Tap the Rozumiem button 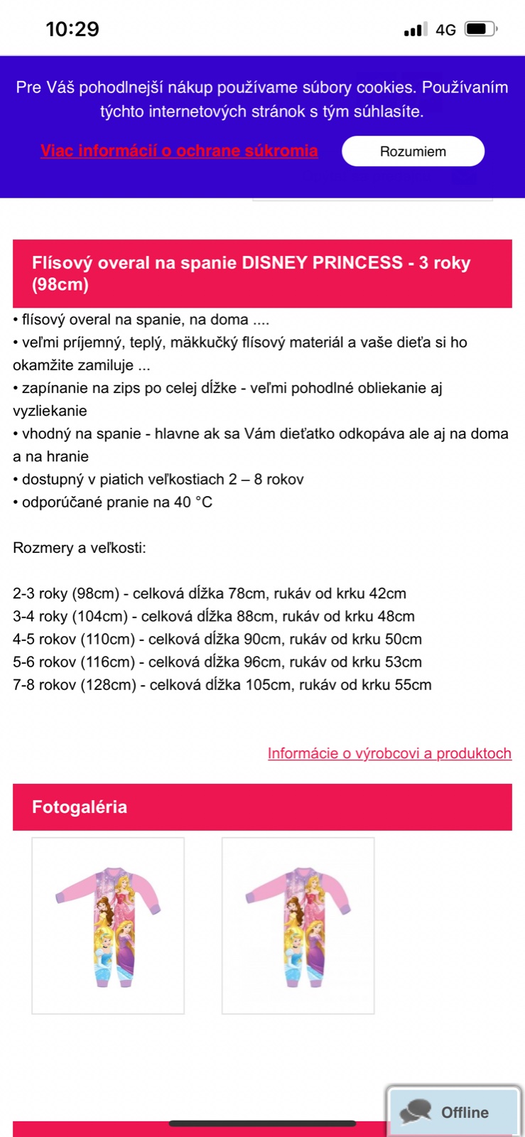413,151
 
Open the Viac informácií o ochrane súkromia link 179,151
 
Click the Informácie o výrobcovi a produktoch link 389,753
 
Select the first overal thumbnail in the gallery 108,925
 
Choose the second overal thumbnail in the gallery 298,925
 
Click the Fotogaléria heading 80,807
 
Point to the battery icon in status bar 480,29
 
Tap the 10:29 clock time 72,29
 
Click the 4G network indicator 445,30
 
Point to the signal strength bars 416,30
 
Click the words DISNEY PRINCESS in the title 323,263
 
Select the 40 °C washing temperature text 193,502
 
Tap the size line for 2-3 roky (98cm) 210,593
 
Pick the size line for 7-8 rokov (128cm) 222,685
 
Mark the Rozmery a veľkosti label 80,548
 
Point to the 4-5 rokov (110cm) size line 217,639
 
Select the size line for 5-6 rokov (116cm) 217,662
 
